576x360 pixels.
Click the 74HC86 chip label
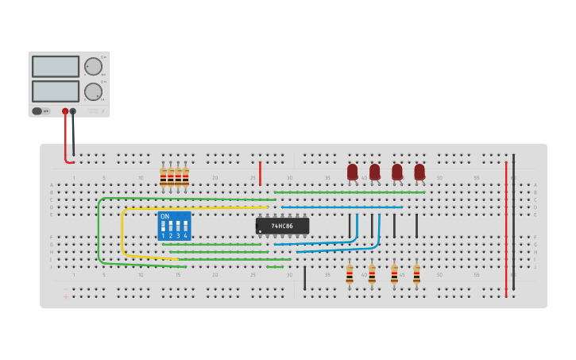282,226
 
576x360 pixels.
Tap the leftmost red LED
353,172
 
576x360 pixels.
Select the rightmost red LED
419,172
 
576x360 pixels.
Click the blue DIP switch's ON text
164,216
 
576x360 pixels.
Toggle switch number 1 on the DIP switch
164,226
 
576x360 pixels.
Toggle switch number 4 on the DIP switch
186,226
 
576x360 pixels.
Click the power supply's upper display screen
56,67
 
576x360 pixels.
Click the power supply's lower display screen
56,91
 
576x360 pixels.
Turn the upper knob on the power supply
93,67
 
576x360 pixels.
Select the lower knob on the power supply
93,91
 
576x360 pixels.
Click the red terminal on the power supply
65,111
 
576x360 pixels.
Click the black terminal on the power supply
73,111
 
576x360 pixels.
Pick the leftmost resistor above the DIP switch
163,177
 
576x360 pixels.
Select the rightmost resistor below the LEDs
416,275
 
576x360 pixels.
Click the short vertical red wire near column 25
260,173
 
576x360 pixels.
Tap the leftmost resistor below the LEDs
350,275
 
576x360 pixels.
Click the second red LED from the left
375,172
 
